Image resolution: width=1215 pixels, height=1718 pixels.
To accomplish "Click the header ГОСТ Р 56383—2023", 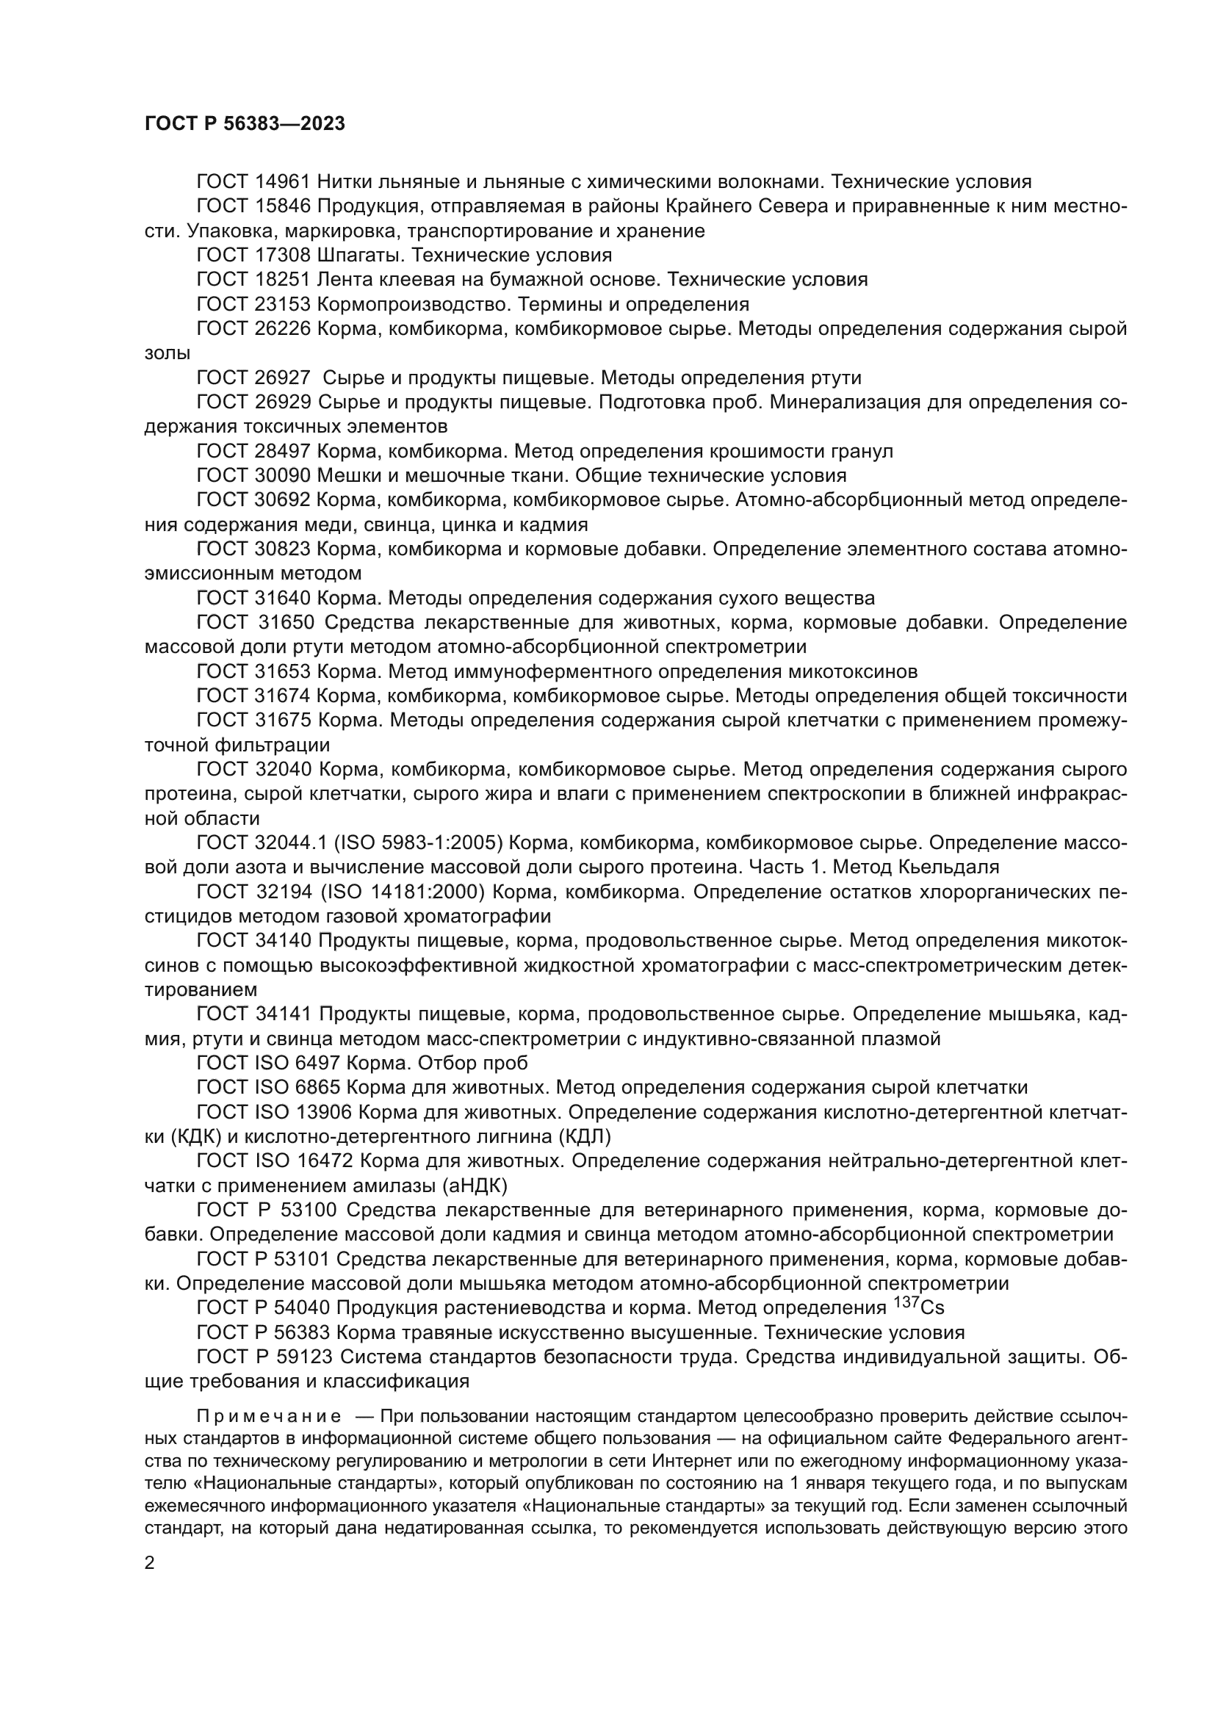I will [245, 124].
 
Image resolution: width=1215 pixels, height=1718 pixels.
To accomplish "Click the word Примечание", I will [269, 1417].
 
